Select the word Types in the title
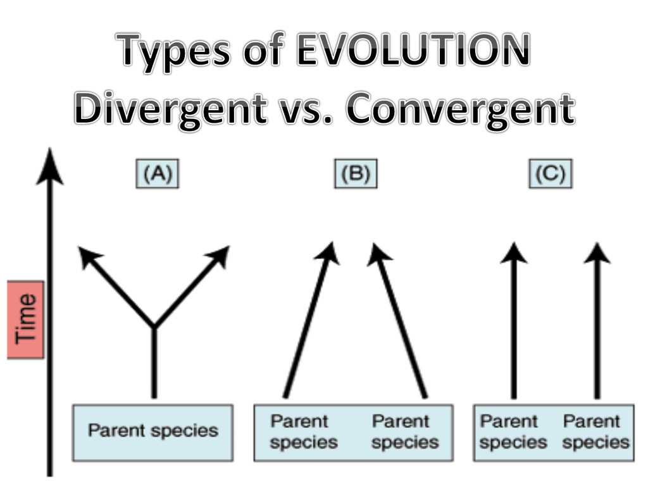click(x=173, y=53)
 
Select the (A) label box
click(x=158, y=173)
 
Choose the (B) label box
click(x=356, y=173)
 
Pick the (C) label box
click(x=551, y=173)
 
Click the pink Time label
click(x=25, y=320)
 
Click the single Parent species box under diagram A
click(x=153, y=433)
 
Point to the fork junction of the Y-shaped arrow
click(x=154, y=327)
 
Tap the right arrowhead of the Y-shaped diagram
click(x=219, y=256)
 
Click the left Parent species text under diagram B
click(x=304, y=432)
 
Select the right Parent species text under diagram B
click(x=405, y=432)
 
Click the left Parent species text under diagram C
click(x=513, y=432)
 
